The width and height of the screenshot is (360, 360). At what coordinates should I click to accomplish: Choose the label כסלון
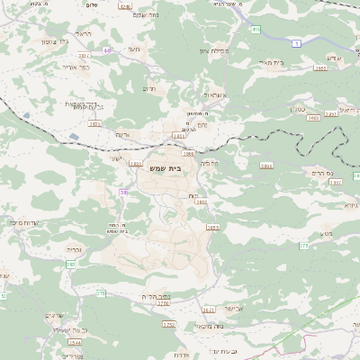pos(296,110)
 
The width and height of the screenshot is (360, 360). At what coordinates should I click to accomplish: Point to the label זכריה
pos(75,251)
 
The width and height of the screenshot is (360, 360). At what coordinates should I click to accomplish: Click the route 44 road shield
pos(107,50)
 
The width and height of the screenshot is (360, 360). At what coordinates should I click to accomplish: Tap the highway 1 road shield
pos(297,43)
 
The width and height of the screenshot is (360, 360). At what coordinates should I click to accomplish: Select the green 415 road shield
pos(256,30)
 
